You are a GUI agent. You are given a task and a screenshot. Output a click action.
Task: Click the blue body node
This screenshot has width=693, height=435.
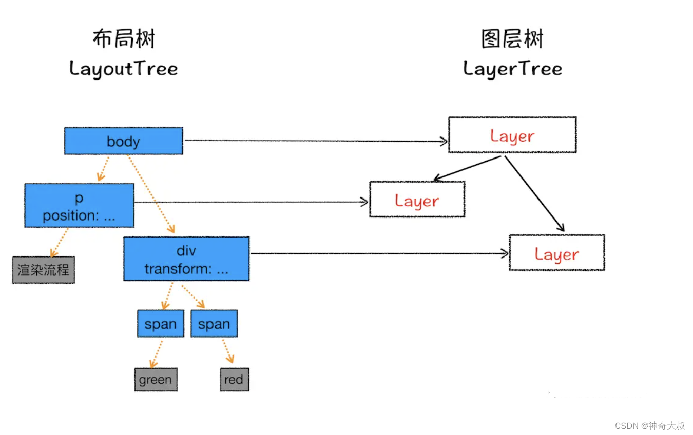[123, 141]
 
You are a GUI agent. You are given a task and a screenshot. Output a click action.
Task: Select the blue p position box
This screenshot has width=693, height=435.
[79, 206]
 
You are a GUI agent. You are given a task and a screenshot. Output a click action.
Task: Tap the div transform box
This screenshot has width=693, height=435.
[186, 259]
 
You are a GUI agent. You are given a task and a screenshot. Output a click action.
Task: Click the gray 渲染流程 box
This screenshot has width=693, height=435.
[44, 270]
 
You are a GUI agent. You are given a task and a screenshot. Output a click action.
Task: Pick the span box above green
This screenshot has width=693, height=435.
[160, 324]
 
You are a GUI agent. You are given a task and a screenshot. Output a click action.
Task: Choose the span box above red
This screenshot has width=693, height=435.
[214, 324]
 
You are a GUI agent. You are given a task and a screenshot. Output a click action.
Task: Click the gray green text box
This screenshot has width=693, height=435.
[156, 380]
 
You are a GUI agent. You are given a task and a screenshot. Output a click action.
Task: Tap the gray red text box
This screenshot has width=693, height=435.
[234, 380]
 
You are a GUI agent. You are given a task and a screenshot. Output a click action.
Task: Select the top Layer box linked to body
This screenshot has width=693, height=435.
[512, 135]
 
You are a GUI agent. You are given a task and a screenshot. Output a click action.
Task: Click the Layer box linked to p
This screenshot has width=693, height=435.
[417, 200]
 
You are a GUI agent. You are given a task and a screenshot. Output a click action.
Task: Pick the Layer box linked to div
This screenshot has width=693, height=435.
[556, 253]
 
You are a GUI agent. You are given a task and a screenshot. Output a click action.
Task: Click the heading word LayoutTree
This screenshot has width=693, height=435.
[123, 69]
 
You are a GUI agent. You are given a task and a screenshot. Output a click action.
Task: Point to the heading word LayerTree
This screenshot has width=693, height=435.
[512, 69]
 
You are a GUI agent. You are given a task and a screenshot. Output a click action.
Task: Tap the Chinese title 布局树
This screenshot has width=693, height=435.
[124, 39]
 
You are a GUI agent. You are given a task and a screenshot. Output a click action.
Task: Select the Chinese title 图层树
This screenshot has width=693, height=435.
[512, 39]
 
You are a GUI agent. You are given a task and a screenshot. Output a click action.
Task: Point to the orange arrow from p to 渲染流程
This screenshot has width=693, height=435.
[59, 242]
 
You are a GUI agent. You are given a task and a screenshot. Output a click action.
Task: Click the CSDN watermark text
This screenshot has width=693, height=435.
[649, 426]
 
